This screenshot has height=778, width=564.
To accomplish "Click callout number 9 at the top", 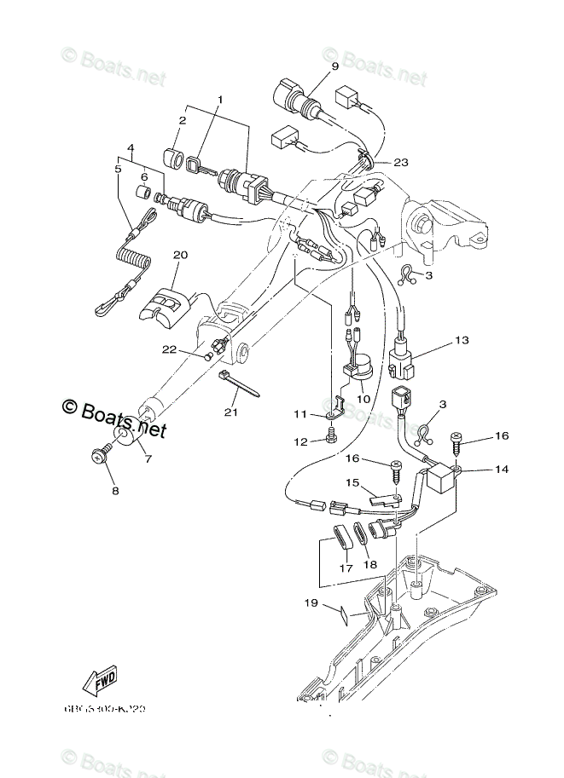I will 334,66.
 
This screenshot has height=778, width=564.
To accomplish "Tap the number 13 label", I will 462,341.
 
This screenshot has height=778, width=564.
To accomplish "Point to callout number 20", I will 179,255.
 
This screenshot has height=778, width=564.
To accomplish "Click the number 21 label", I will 228,412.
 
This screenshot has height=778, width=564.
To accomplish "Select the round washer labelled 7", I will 122,438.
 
